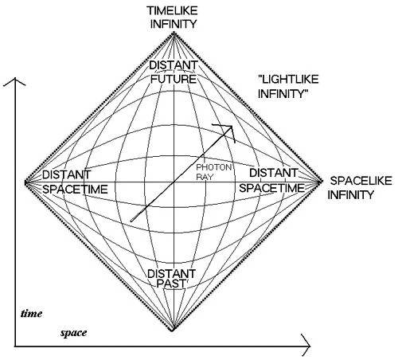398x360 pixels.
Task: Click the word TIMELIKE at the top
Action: (173, 10)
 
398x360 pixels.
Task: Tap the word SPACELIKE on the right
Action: (361, 181)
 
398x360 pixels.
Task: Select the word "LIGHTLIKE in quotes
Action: (288, 80)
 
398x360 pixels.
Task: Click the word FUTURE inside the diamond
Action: (174, 79)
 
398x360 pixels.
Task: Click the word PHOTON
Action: (214, 167)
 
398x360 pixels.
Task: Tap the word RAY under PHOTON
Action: (205, 177)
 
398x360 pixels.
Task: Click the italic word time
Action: (31, 314)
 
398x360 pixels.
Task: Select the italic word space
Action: (73, 333)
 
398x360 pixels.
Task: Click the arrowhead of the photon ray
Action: (232, 126)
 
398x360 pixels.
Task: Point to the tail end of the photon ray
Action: (131, 221)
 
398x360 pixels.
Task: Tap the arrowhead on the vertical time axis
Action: (15, 79)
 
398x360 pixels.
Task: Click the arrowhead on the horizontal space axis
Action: (310, 346)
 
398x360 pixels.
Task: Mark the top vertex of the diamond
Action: (174, 33)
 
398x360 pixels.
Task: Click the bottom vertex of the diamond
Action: (173, 331)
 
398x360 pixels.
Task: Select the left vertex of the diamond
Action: (25, 182)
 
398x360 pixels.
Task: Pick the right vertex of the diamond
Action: (322, 182)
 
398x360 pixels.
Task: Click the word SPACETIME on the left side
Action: (75, 190)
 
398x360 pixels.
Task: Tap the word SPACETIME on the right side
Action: (271, 188)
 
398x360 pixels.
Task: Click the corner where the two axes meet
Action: (15, 346)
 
